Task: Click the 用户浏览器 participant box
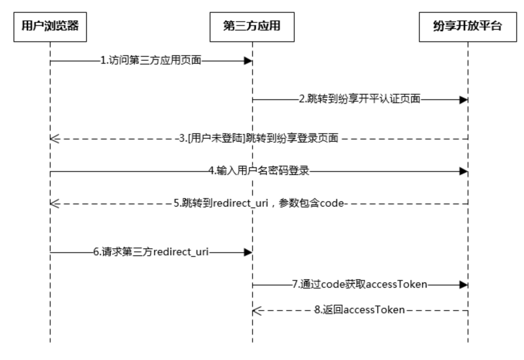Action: [50, 27]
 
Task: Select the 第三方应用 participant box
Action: [252, 27]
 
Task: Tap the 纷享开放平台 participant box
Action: [468, 27]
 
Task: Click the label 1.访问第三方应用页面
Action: [151, 61]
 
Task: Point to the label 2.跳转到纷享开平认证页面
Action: [360, 99]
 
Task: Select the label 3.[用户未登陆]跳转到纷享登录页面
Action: [259, 138]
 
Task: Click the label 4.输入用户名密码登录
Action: [259, 171]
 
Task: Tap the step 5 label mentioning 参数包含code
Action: [259, 203]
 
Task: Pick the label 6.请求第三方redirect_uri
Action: [151, 252]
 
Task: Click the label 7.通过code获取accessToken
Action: [360, 285]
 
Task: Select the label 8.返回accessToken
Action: [360, 310]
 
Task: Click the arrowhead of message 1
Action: [248, 61]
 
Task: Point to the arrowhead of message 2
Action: [463, 100]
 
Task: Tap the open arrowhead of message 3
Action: [54, 139]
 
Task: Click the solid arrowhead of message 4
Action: [463, 171]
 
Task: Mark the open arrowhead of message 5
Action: [54, 204]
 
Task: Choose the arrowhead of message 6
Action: [248, 253]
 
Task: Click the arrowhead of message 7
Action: [463, 285]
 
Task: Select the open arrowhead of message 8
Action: [257, 311]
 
